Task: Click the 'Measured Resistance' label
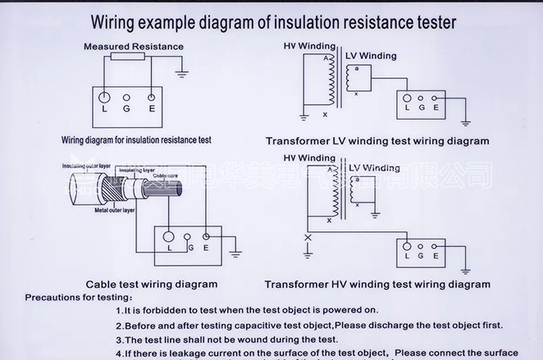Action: pyautogui.click(x=133, y=47)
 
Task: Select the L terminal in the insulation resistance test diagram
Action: pyautogui.click(x=104, y=98)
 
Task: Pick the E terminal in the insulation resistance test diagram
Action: pyautogui.click(x=152, y=98)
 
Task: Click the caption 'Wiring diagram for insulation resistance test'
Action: pyautogui.click(x=136, y=140)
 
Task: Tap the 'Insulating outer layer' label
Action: pyautogui.click(x=87, y=166)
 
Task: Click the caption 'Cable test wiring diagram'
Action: pyautogui.click(x=152, y=285)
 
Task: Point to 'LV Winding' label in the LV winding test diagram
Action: pyautogui.click(x=371, y=56)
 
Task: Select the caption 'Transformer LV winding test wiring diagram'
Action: pyautogui.click(x=376, y=141)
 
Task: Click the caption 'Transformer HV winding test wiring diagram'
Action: pyautogui.click(x=376, y=285)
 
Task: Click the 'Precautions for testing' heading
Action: pyautogui.click(x=79, y=296)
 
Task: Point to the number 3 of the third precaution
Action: pyautogui.click(x=119, y=339)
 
